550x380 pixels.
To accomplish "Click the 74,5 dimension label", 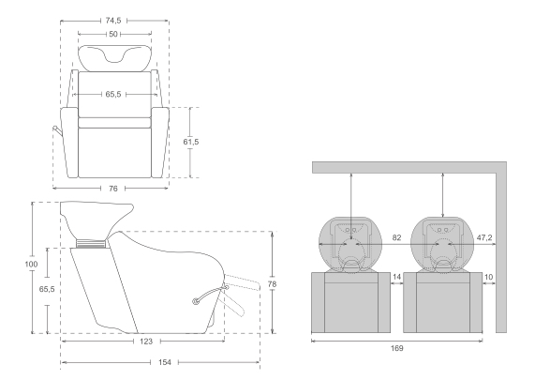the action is [113, 21].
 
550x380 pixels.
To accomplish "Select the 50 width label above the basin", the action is [113, 34].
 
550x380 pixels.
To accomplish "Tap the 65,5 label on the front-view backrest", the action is [113, 94].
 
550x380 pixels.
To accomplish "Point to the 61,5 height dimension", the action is [191, 142].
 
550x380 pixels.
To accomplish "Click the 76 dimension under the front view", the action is [113, 189].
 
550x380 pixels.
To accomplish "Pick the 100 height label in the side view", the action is [31, 264].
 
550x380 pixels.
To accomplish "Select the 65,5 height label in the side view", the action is [47, 289].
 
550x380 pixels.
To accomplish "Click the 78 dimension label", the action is [273, 284].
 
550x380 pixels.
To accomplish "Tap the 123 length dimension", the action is [146, 342].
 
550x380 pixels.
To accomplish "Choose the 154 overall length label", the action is [165, 362].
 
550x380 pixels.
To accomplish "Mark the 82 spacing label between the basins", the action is [396, 237].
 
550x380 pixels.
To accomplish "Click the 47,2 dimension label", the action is [484, 237].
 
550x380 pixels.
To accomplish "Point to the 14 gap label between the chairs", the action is [396, 277].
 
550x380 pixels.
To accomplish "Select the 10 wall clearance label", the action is [488, 277].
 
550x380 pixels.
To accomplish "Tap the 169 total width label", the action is [396, 348].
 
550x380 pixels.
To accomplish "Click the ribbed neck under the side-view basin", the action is [91, 243].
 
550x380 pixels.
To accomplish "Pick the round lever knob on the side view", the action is [196, 301].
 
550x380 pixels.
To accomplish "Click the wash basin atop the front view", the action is [115, 58].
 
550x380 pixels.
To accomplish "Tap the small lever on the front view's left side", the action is [58, 131].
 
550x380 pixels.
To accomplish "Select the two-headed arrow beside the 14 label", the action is [396, 283].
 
